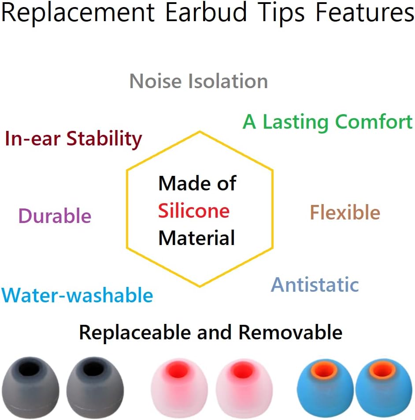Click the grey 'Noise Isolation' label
(199, 82)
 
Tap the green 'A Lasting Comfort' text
(327, 122)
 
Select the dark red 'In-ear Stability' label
(73, 139)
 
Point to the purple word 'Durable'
(55, 216)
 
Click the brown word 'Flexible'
(345, 213)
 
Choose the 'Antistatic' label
(315, 285)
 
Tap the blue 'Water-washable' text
(77, 295)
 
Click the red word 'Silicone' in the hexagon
(194, 211)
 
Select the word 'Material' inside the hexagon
(196, 238)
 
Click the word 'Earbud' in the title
(206, 13)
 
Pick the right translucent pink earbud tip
(241, 388)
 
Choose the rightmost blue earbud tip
(383, 388)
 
